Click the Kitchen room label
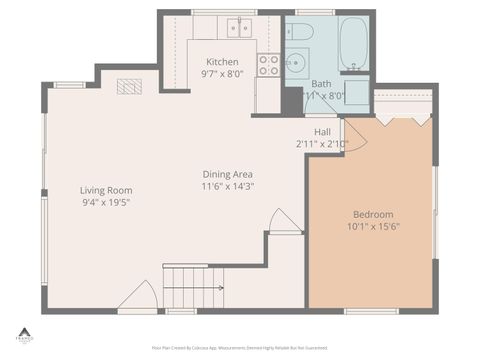pos(222,62)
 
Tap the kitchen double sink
pos(239,28)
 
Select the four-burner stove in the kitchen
pos(268,65)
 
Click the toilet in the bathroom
pos(301,33)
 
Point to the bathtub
pos(354,42)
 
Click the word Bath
pos(321,84)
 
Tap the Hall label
pos(322,132)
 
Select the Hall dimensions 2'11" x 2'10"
pos(322,144)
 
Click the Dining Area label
pos(228,173)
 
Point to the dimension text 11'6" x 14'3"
pos(228,185)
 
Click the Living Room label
pos(106,190)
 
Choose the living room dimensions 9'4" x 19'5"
pos(106,202)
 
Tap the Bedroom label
pos(373,214)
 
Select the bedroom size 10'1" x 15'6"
pos(373,226)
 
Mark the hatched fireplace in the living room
pos(129,87)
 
